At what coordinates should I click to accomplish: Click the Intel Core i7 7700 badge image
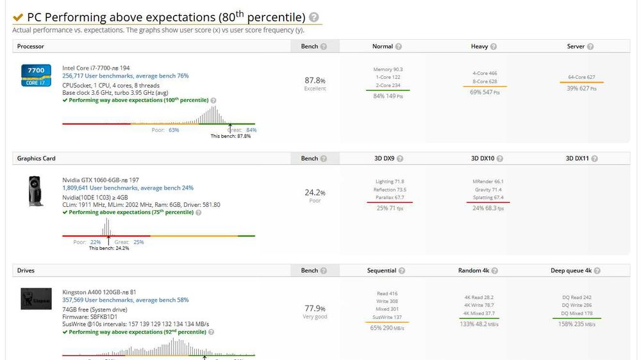click(x=36, y=75)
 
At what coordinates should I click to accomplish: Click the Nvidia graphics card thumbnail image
click(x=36, y=190)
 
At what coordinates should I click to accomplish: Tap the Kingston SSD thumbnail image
click(x=36, y=299)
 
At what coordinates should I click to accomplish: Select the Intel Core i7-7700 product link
click(x=96, y=67)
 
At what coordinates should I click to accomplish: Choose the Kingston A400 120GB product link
click(x=99, y=292)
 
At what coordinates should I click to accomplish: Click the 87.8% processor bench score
click(x=315, y=81)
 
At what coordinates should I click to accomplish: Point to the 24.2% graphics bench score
click(x=315, y=193)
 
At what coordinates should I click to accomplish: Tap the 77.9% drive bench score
click(x=315, y=308)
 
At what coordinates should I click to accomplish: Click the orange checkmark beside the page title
click(x=18, y=18)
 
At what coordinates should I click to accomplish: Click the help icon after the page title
click(x=313, y=18)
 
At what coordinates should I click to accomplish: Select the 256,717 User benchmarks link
click(x=125, y=76)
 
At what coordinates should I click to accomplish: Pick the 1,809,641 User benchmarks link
click(x=128, y=188)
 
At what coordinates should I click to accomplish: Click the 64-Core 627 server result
click(x=581, y=77)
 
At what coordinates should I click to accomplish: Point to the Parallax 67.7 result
click(x=390, y=197)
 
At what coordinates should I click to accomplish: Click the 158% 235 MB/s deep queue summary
click(x=577, y=325)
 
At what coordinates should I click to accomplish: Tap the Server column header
click(x=576, y=46)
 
